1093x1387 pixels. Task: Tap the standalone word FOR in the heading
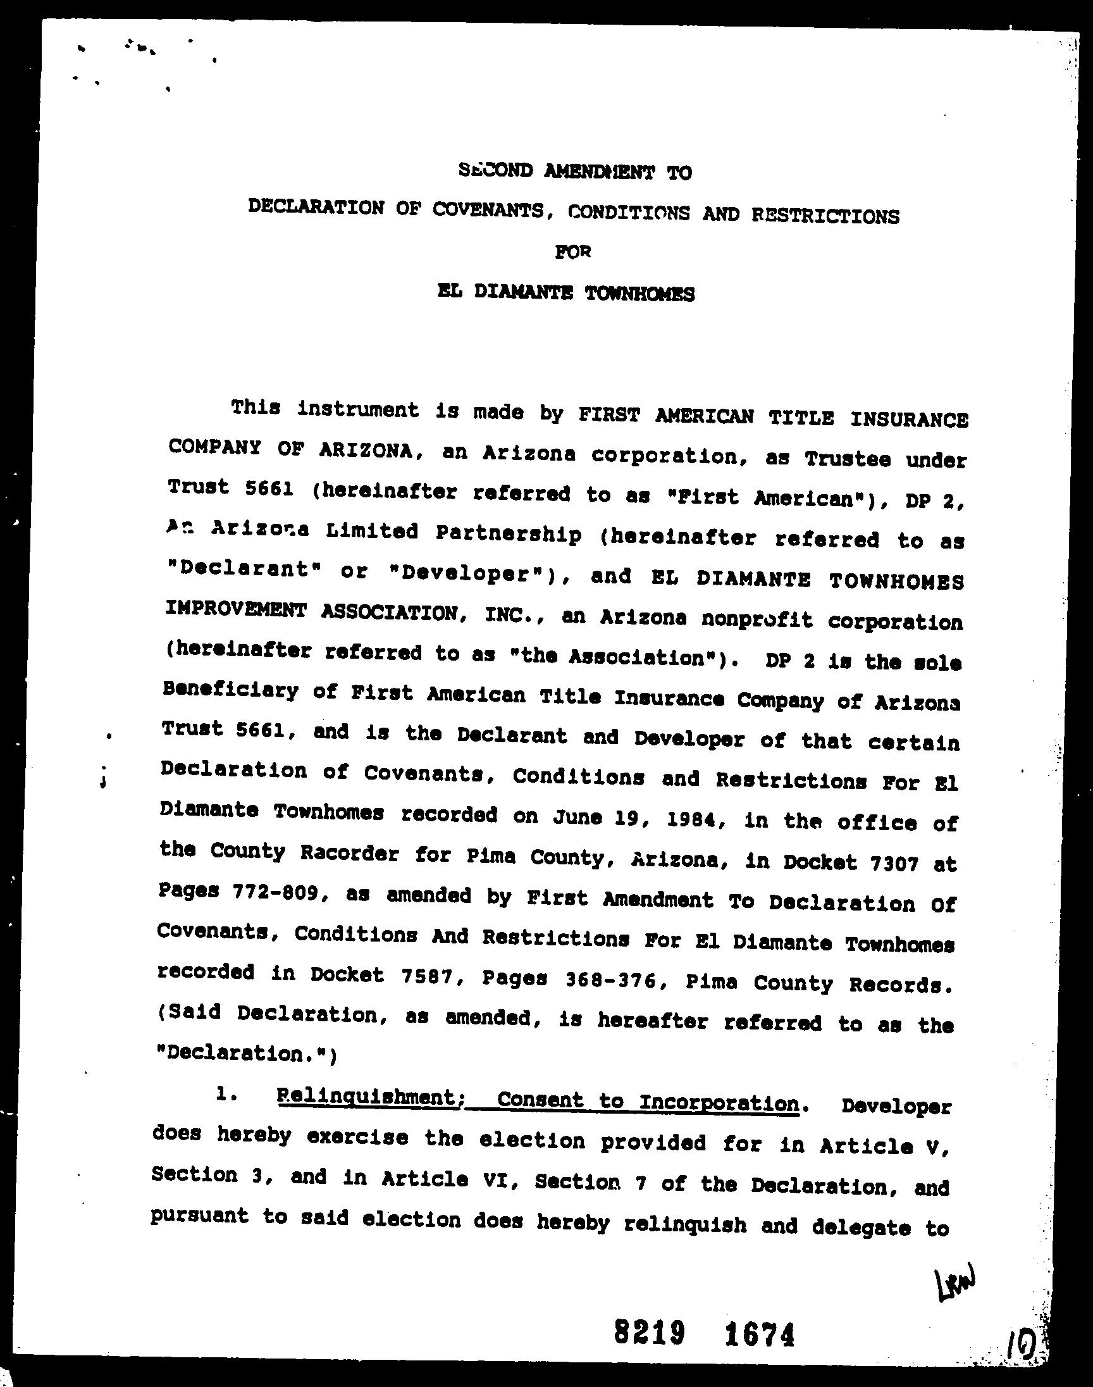[572, 252]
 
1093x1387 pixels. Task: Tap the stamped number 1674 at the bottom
[760, 1334]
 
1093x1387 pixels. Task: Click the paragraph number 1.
[224, 1096]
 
